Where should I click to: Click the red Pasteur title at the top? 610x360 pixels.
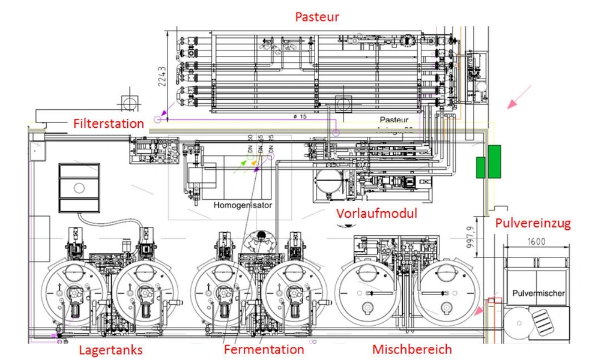317,16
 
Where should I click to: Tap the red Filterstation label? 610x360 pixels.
109,124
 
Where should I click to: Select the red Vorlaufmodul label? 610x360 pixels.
376,214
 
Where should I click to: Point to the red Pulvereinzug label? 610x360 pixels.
533,223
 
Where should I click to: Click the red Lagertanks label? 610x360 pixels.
111,350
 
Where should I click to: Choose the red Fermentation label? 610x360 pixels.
264,349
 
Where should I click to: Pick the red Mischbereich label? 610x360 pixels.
412,349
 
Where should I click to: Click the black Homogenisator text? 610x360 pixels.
243,205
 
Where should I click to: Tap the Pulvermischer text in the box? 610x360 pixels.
539,293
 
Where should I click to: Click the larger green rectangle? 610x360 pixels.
494,161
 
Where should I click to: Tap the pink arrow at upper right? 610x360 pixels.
519,97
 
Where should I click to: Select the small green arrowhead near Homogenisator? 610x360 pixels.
243,162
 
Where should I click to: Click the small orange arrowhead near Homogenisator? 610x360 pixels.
254,163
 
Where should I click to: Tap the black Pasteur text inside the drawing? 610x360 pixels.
394,120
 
